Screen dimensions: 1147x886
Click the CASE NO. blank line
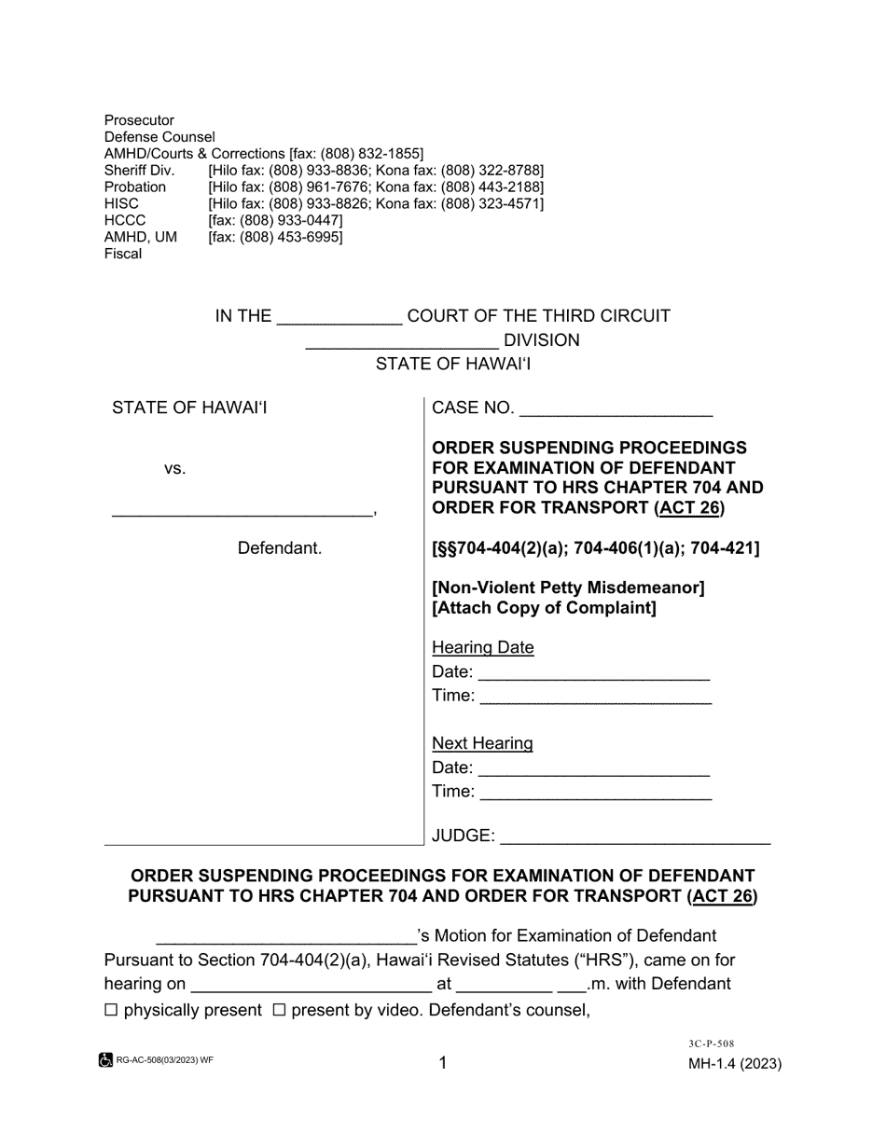tap(616, 410)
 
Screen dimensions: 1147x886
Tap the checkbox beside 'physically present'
tap(112, 1010)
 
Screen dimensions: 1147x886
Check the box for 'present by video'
tap(279, 1010)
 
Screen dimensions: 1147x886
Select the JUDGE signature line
tap(635, 837)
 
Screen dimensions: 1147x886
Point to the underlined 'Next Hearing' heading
tap(482, 743)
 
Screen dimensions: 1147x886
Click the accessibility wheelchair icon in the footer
tap(105, 1060)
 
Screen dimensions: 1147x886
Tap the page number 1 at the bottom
tap(443, 1063)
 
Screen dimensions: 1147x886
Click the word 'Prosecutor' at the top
tap(139, 120)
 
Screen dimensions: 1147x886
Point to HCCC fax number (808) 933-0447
tap(275, 220)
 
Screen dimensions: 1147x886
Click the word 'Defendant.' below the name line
tap(280, 548)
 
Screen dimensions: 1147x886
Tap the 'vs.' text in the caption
tap(174, 469)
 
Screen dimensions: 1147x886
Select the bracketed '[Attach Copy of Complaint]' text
tap(544, 608)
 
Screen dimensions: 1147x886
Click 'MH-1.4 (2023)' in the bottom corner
tap(735, 1064)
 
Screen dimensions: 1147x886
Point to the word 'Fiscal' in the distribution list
tap(123, 254)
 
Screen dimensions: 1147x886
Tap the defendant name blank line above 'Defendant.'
tap(242, 511)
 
